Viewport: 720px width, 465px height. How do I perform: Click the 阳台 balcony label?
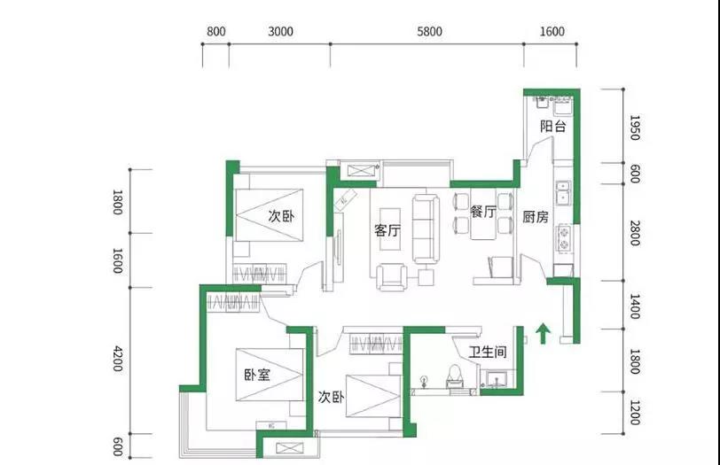pyautogui.click(x=553, y=126)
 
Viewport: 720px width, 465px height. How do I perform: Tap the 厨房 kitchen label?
pyautogui.click(x=536, y=217)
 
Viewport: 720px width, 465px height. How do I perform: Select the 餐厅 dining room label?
pyautogui.click(x=483, y=212)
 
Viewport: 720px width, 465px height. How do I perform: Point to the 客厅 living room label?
pyautogui.click(x=387, y=230)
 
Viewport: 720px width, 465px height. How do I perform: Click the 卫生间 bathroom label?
pyautogui.click(x=488, y=353)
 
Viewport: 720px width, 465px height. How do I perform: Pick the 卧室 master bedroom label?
pyautogui.click(x=257, y=376)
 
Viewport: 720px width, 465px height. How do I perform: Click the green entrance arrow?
pyautogui.click(x=544, y=333)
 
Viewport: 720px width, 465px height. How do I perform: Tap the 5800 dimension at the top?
pyautogui.click(x=429, y=31)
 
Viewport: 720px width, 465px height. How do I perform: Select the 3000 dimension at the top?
pyautogui.click(x=280, y=31)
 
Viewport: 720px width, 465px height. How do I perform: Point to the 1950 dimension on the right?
pyautogui.click(x=635, y=128)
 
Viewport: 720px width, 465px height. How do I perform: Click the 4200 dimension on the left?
pyautogui.click(x=118, y=359)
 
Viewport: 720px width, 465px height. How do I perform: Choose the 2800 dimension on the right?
pyautogui.click(x=635, y=233)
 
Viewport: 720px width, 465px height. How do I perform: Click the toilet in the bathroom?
pyautogui.click(x=454, y=376)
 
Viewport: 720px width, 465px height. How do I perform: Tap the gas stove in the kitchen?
pyautogui.click(x=563, y=238)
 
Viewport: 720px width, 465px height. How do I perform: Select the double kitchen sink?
pyautogui.click(x=562, y=192)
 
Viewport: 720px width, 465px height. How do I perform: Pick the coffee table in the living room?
pyautogui.click(x=390, y=229)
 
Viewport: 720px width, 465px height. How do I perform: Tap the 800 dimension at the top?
pyautogui.click(x=215, y=31)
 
